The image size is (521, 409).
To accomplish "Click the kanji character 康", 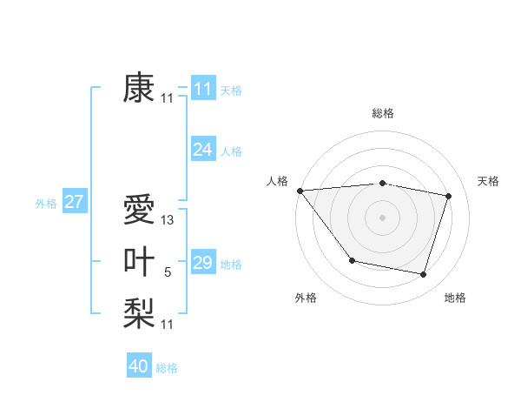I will pos(139,88).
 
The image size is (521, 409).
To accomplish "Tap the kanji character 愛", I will pos(139,210).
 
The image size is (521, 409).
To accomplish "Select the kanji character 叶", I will pos(139,262).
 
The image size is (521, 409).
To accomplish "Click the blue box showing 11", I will pos(202,88).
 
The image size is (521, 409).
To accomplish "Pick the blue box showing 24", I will pos(202,150).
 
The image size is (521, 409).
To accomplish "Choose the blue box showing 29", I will pos(202,263).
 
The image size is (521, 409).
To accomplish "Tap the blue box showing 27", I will pos(74,202).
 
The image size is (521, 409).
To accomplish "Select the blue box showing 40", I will pos(138,366).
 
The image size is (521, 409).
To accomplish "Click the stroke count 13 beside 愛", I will pos(168,221).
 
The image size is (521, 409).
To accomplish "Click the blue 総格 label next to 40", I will pos(167,368).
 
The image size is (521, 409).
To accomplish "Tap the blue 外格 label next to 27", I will pos(46,204).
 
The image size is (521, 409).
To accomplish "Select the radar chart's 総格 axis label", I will pos(382,113).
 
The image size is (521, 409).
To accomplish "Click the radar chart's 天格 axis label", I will pos(489,181).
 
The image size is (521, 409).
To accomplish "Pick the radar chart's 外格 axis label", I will pos(306,298).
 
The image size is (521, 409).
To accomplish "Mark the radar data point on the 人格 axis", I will pos(300,191).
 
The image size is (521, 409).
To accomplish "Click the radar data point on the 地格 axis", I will pos(423,274).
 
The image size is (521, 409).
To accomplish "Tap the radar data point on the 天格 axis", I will pos(449,196).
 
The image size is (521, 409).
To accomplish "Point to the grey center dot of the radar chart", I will pos(382,218).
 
